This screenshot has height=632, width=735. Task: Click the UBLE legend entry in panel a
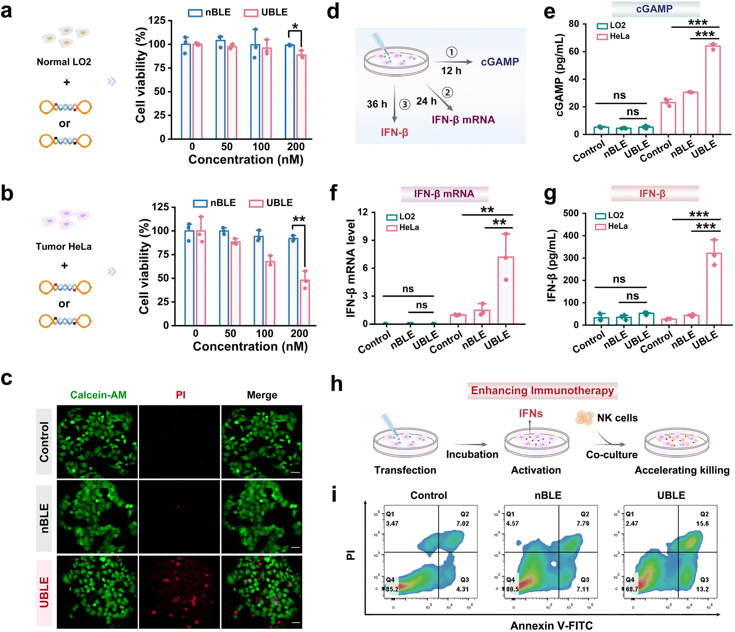tap(266, 13)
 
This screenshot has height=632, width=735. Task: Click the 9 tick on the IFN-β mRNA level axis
tap(365, 240)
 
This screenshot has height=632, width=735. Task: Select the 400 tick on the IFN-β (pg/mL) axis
tap(571, 235)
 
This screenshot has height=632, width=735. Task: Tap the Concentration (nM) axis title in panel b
tap(250, 346)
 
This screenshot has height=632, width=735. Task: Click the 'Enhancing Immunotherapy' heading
tap(542, 391)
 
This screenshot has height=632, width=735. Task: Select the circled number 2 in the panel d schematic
tap(448, 93)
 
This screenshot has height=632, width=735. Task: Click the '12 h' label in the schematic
tap(451, 71)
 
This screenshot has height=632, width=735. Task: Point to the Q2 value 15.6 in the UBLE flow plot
tap(702, 524)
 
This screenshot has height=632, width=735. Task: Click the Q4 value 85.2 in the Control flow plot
tap(392, 589)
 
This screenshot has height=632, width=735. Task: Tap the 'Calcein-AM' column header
tap(98, 395)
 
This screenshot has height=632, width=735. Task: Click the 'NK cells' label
tap(617, 418)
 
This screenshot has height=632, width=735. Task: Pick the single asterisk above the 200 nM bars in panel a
tap(295, 27)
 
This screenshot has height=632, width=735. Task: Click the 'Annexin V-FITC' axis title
tap(551, 626)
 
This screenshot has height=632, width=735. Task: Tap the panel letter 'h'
tap(336, 384)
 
